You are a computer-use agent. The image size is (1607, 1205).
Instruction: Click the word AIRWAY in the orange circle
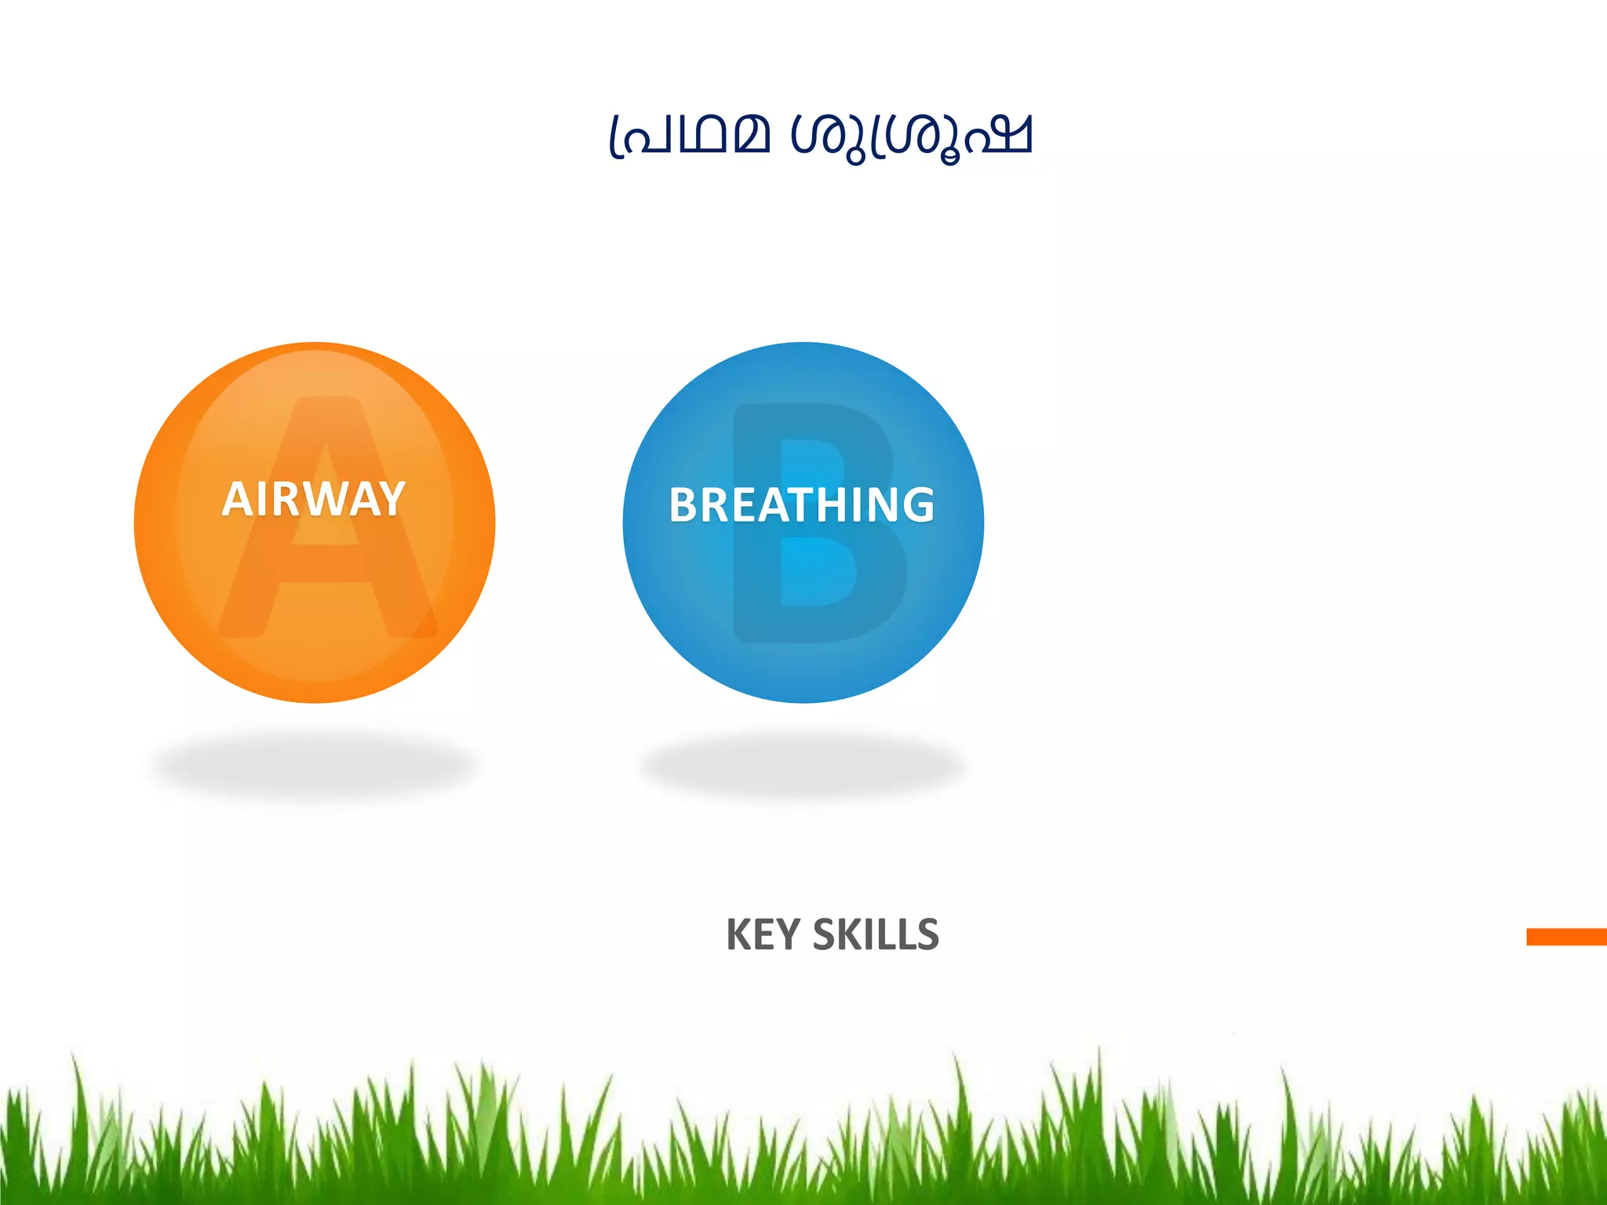[314, 499]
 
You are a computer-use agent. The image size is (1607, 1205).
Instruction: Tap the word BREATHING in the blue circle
[802, 504]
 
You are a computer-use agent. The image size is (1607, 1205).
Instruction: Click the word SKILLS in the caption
[876, 934]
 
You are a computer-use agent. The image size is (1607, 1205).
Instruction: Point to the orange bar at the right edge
[1566, 937]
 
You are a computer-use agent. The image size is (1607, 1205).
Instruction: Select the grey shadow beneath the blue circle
[802, 765]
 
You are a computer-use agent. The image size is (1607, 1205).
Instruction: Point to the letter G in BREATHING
[916, 504]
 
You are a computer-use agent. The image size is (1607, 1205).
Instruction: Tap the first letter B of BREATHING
[685, 504]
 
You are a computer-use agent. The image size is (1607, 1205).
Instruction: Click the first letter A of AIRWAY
[236, 499]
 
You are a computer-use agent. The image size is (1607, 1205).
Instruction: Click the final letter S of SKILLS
[927, 934]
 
